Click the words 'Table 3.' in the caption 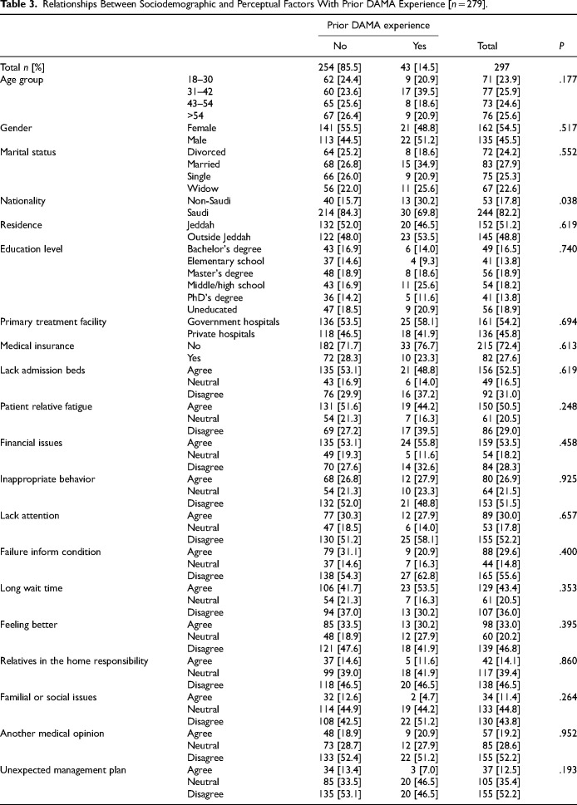pos(18,7)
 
